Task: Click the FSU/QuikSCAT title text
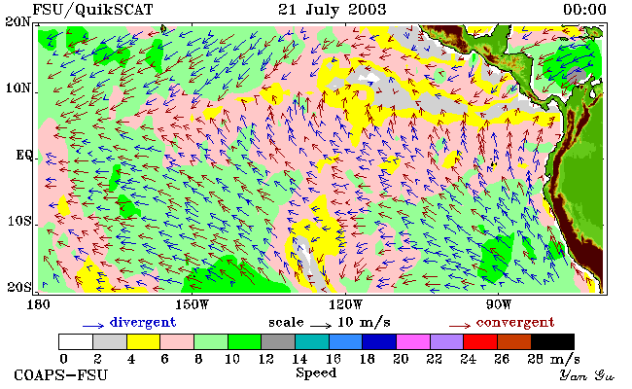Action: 92,10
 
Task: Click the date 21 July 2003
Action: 333,10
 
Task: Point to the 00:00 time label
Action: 584,10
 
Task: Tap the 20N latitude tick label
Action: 18,21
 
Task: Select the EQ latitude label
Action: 23,156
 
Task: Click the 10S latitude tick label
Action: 19,221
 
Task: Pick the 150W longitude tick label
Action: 193,304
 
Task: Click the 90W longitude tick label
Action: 499,304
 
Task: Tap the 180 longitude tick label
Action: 38,304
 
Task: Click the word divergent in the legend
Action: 143,323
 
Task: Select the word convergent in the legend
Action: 515,323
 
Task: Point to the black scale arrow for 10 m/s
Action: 321,325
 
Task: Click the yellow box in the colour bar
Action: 143,342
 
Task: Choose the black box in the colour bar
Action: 552,342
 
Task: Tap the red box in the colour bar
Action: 480,342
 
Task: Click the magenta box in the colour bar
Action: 413,342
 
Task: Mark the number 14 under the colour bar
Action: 299,359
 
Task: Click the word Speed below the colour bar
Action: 316,372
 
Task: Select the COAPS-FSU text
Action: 61,375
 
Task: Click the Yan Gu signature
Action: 586,375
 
